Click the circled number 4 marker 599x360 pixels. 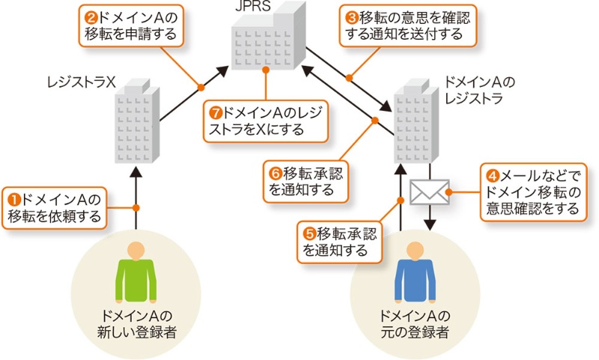point(493,177)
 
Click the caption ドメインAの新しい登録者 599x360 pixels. point(136,322)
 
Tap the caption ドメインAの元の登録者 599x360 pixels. point(416,322)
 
